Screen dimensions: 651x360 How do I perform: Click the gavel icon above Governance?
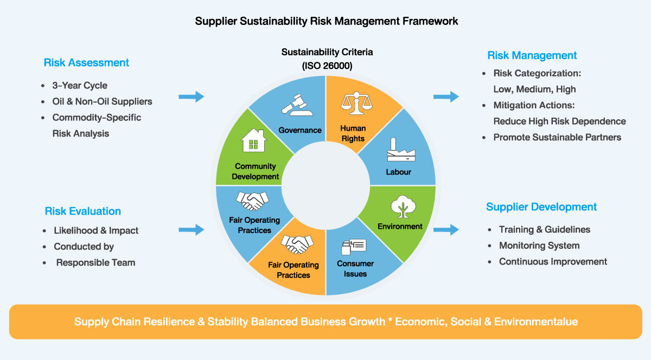click(x=297, y=105)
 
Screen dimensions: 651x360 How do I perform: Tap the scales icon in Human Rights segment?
click(x=356, y=103)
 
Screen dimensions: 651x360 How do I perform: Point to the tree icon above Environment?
click(x=403, y=207)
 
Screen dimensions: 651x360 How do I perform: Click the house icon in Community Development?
click(x=254, y=140)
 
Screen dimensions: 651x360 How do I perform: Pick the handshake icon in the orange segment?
click(x=297, y=244)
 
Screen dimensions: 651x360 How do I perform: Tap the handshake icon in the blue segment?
click(x=252, y=201)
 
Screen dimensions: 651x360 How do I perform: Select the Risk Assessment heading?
click(x=86, y=62)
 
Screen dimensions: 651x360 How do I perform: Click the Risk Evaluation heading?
click(x=83, y=211)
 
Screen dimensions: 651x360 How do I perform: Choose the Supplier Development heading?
click(x=541, y=207)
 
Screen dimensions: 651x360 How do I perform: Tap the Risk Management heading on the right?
click(x=532, y=55)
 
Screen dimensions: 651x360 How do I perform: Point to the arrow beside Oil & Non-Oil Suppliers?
click(x=191, y=97)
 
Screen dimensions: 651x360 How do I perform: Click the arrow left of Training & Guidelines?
click(x=446, y=229)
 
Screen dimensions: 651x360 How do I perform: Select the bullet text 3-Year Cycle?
click(x=80, y=86)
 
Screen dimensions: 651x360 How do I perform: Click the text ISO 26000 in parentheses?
click(x=327, y=66)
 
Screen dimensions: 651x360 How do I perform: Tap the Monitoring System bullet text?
click(x=539, y=246)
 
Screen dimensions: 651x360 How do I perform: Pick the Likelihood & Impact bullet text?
click(x=96, y=230)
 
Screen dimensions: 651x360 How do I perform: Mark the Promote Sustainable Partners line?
click(x=558, y=137)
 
